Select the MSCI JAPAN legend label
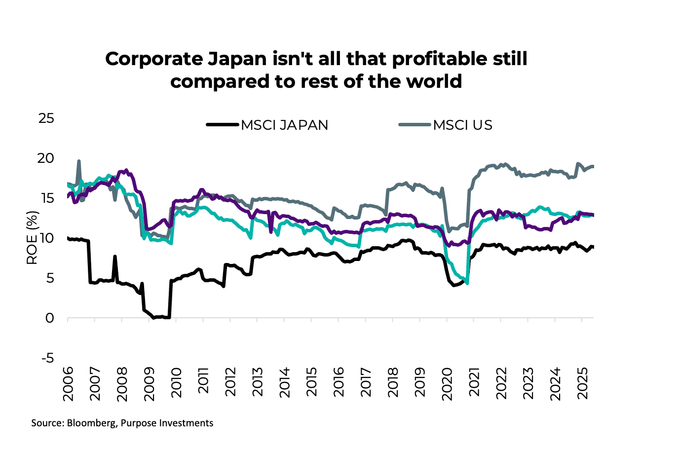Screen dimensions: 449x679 click(x=284, y=125)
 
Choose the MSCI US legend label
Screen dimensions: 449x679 click(x=462, y=125)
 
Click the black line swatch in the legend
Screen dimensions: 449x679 click(x=223, y=125)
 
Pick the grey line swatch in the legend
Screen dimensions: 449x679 click(x=415, y=125)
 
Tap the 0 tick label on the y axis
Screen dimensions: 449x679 click(x=49, y=318)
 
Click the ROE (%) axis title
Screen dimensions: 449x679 click(x=32, y=238)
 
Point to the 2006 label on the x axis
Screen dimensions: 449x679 click(x=68, y=383)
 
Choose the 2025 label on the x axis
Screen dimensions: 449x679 click(x=582, y=383)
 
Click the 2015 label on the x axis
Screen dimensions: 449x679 click(x=311, y=383)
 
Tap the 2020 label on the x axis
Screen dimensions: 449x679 click(x=447, y=383)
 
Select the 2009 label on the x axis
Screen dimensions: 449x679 click(x=149, y=383)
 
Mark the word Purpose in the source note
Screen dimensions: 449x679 click(x=137, y=423)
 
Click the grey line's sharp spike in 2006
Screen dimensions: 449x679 click(x=79, y=161)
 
